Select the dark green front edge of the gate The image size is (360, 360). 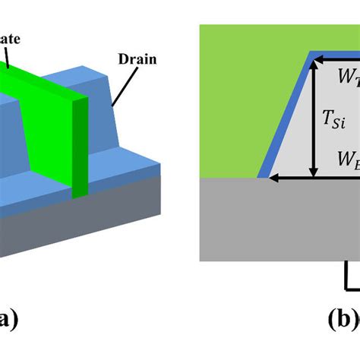pyautogui.click(x=78, y=148)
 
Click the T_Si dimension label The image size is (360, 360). pyautogui.click(x=333, y=118)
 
